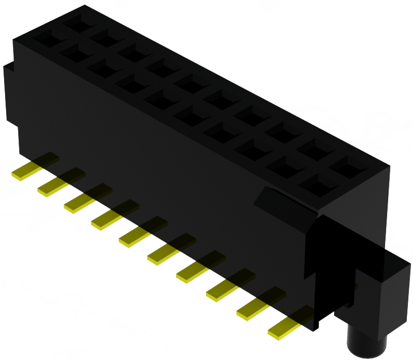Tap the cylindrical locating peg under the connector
[x=367, y=341]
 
